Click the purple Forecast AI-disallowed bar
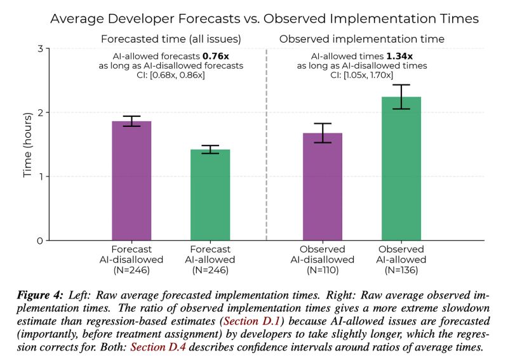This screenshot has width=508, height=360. (x=131, y=180)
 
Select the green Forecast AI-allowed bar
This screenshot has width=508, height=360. (x=211, y=195)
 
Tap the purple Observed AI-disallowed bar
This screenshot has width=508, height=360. (x=323, y=187)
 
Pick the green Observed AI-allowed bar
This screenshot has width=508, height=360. (x=402, y=168)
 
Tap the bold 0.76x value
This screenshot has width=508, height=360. (x=215, y=55)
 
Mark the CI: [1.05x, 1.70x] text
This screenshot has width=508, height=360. (x=361, y=76)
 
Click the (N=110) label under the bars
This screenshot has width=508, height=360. (x=323, y=270)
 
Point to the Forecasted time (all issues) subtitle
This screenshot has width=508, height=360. (x=171, y=39)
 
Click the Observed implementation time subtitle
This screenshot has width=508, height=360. (x=361, y=39)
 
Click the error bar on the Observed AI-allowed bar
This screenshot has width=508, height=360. (x=402, y=97)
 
